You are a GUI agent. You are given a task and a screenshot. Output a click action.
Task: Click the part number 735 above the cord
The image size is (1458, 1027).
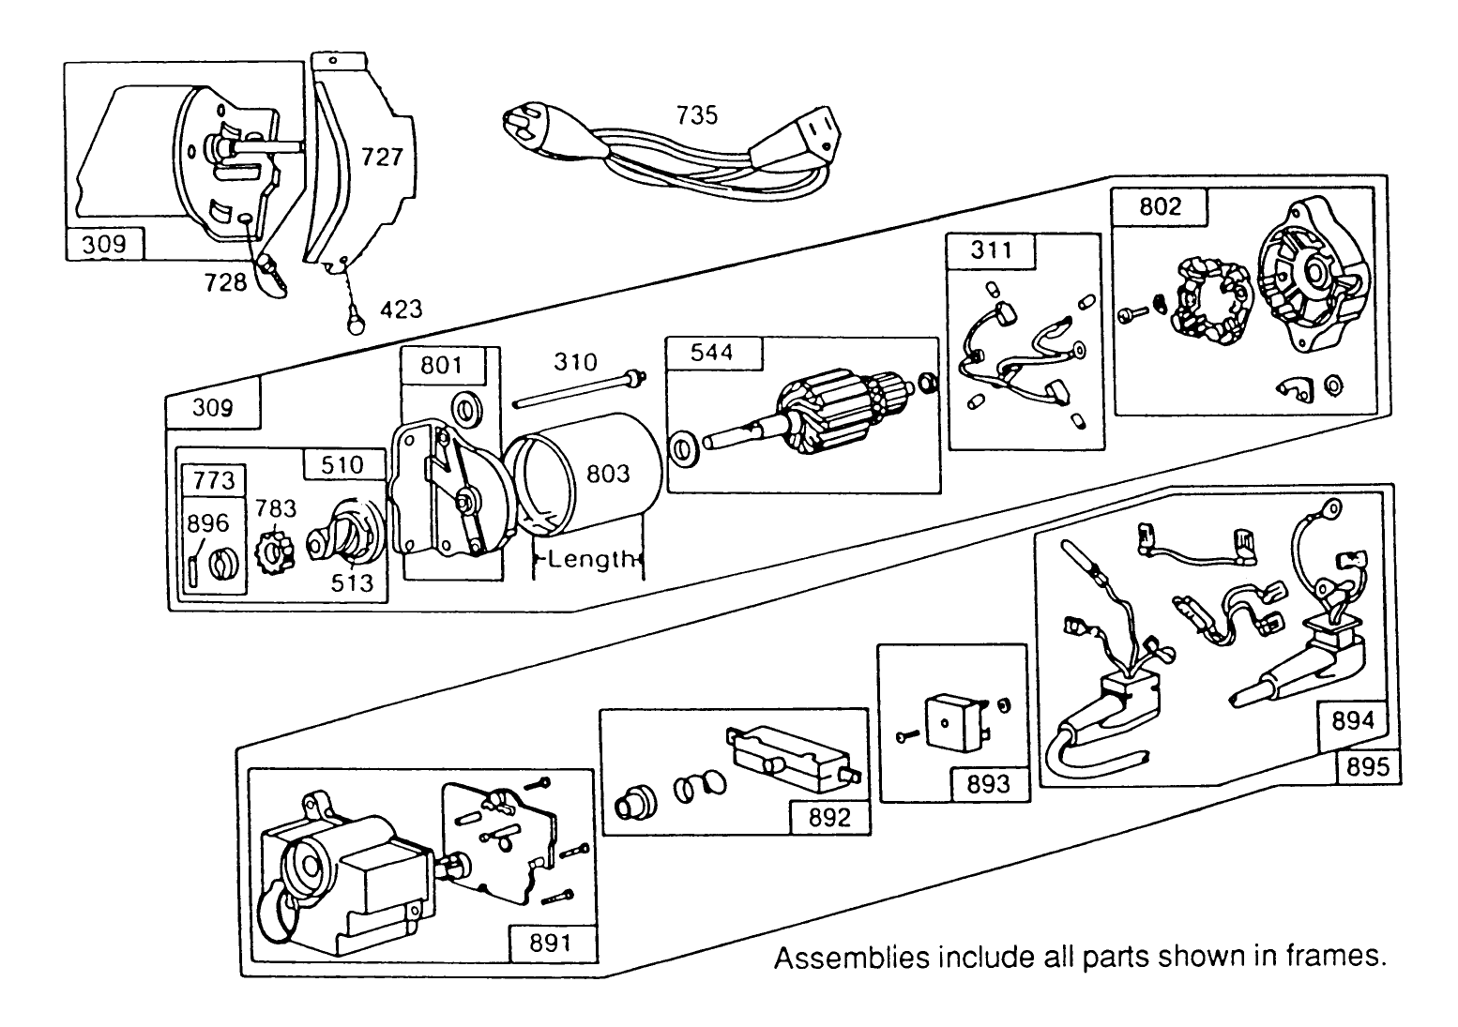tap(696, 114)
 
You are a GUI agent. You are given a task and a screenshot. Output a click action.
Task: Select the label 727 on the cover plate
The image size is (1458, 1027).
tap(382, 157)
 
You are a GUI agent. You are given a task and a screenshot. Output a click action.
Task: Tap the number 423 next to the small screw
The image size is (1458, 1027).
tap(401, 309)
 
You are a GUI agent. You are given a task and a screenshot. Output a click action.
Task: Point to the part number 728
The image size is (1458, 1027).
tap(226, 281)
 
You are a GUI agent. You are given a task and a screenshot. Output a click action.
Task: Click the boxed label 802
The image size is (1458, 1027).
tap(1160, 206)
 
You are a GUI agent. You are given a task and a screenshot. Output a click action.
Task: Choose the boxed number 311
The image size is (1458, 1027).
tap(991, 249)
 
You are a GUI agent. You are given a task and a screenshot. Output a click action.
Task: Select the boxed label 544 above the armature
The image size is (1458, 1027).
tap(713, 353)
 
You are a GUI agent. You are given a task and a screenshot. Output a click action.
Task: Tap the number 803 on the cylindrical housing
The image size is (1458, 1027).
tap(608, 474)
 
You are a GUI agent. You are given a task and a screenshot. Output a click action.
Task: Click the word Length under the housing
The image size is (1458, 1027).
tap(590, 560)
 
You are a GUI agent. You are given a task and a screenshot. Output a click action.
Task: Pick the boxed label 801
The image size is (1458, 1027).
tap(441, 364)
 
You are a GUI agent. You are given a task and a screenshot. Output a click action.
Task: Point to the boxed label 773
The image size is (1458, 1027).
tap(214, 480)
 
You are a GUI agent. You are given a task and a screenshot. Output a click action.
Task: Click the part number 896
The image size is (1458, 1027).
tap(208, 522)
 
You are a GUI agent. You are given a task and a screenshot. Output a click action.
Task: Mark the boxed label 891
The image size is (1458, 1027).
tap(550, 942)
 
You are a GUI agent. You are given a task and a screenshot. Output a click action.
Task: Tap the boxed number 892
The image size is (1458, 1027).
tap(829, 817)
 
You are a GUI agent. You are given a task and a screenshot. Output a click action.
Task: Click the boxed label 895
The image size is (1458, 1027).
tap(1366, 766)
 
